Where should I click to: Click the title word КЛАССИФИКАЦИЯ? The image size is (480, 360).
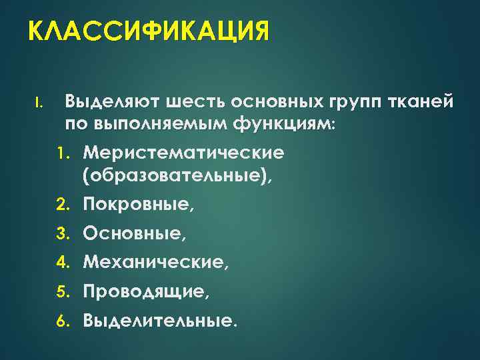[149, 32]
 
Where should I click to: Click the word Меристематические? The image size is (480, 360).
[183, 153]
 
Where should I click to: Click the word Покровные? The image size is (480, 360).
[138, 204]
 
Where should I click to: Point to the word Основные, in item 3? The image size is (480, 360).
[135, 234]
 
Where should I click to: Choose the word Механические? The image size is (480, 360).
[155, 263]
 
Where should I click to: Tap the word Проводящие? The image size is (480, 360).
[146, 293]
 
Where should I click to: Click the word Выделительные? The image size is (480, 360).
[159, 321]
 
